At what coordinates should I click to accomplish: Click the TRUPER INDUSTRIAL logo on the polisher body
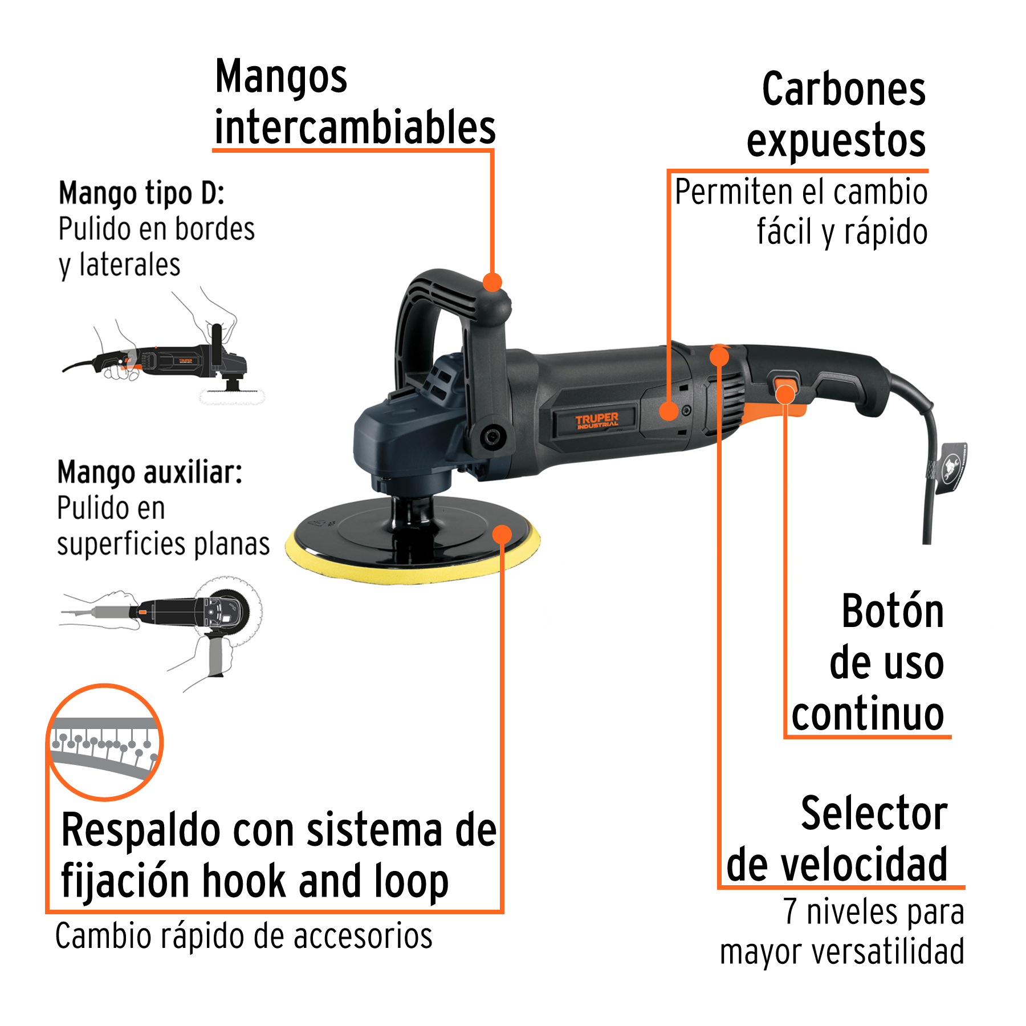coord(596,420)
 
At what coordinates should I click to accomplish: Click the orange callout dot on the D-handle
coord(492,282)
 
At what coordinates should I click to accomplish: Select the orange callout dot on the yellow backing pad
coord(502,535)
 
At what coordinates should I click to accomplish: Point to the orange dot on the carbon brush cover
coord(668,411)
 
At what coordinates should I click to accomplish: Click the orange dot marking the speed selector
coord(719,356)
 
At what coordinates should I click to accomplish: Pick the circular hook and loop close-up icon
coord(105,742)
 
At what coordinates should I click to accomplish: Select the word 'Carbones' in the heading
coord(844,89)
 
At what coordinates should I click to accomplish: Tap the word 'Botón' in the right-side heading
coord(893,611)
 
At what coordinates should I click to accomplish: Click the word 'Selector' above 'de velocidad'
coord(874,813)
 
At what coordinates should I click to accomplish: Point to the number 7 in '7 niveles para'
coord(790,911)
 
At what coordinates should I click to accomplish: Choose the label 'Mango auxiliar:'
coord(150,473)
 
